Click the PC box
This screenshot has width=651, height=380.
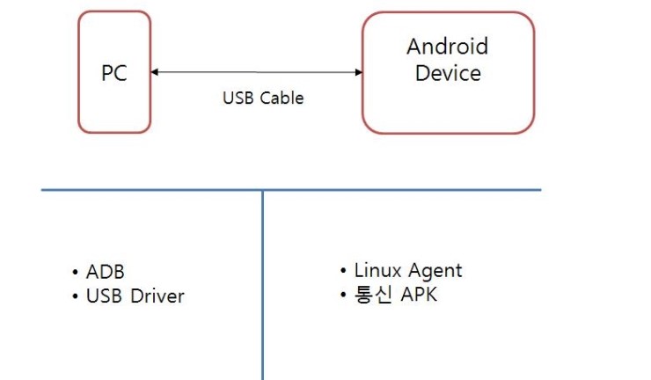pyautogui.click(x=114, y=72)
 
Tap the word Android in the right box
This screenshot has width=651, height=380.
pyautogui.click(x=447, y=47)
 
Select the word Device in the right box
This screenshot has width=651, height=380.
pyautogui.click(x=447, y=73)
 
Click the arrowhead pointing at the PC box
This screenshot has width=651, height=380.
pyautogui.click(x=156, y=73)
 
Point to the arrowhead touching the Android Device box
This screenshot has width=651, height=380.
pyautogui.click(x=358, y=73)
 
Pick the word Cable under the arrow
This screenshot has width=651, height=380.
pyautogui.click(x=281, y=98)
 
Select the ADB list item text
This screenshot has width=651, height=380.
pyautogui.click(x=106, y=272)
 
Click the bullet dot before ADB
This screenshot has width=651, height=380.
pyautogui.click(x=76, y=273)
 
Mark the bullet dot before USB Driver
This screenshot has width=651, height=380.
pyautogui.click(x=76, y=297)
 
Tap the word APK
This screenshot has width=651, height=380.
pyautogui.click(x=419, y=295)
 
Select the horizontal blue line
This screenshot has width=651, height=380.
pyautogui.click(x=396, y=189)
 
